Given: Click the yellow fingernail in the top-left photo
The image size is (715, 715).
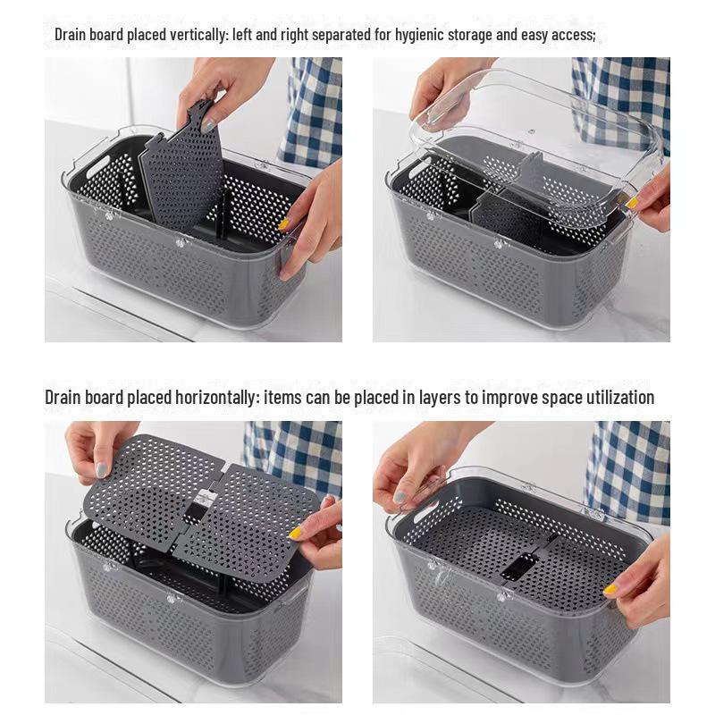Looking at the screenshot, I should pos(283,224).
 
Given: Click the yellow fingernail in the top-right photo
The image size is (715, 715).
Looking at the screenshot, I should pos(633,203).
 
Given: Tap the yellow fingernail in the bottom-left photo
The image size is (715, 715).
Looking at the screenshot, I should pos(294,534).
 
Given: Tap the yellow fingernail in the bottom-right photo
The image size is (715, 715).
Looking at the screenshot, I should pos(610,589).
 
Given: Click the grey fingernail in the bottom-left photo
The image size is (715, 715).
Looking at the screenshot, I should pos(102,468).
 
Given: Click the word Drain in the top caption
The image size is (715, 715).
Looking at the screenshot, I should pos(71,35).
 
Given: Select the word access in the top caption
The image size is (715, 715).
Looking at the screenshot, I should pos(573,35).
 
